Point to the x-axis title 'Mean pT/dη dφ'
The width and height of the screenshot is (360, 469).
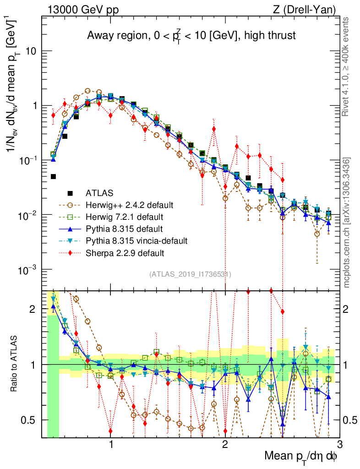[301, 457]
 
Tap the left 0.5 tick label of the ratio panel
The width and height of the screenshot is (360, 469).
[30, 420]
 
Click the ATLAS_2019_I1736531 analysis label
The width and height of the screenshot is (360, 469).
[190, 274]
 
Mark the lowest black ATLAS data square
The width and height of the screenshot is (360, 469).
[54, 176]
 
